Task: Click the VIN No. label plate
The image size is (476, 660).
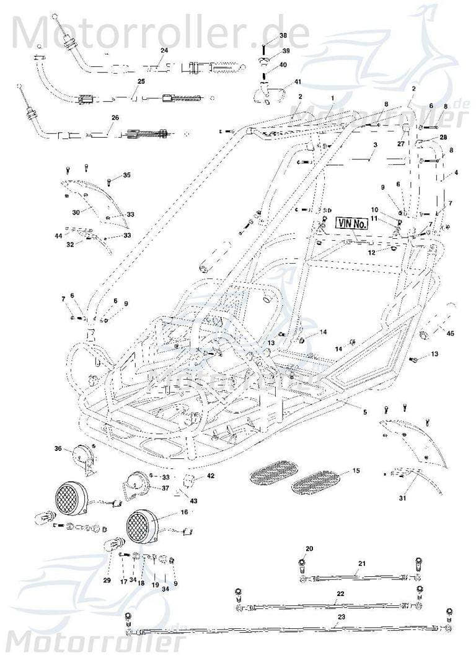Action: (x=352, y=223)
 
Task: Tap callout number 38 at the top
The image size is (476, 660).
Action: (x=283, y=35)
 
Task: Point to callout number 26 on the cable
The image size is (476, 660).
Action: (x=115, y=117)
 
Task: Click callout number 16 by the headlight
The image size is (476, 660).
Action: (x=184, y=512)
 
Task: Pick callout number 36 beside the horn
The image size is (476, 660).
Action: (x=58, y=448)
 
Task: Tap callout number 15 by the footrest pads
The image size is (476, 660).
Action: (x=356, y=471)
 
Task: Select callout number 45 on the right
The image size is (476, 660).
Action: (x=450, y=333)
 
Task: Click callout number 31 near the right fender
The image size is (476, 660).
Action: (x=405, y=498)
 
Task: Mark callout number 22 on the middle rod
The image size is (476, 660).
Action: (x=340, y=594)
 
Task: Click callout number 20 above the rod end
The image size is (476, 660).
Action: (x=310, y=548)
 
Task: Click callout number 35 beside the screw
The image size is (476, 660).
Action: (x=127, y=176)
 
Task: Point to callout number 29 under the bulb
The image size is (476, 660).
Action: (x=107, y=581)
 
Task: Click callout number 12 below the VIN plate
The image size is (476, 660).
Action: (x=371, y=253)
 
